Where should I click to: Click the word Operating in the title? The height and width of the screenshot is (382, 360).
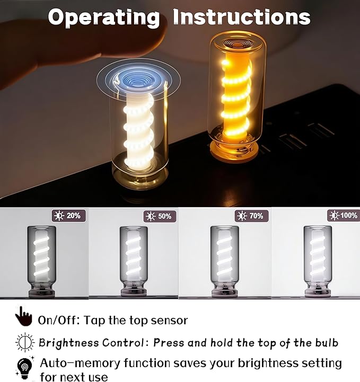[104, 17]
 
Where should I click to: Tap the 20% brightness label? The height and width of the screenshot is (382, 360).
[69, 216]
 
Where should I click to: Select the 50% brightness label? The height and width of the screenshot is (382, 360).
[160, 216]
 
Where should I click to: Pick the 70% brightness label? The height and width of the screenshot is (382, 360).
[252, 216]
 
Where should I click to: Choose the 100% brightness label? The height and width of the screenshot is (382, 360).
[344, 215]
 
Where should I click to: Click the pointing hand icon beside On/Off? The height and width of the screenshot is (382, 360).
[23, 316]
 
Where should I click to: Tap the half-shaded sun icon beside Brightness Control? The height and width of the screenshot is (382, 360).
[25, 342]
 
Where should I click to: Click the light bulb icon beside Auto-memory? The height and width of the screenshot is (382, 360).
[24, 367]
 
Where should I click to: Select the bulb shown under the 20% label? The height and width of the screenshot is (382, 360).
[41, 262]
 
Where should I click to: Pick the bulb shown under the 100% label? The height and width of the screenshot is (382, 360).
[318, 261]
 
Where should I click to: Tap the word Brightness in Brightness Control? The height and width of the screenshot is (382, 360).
[68, 343]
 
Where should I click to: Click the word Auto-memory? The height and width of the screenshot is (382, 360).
[80, 363]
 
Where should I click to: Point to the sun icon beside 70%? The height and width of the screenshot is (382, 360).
[242, 216]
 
